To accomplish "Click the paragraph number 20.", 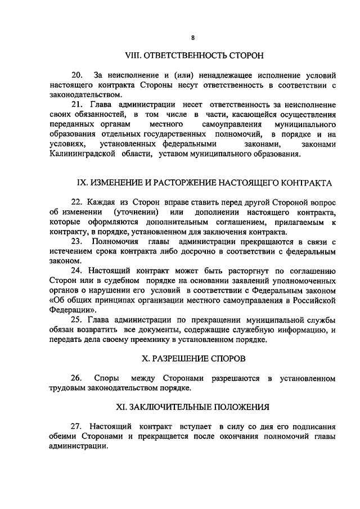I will pyautogui.click(x=78, y=75).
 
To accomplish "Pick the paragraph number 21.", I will pyautogui.click(x=78, y=105).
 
